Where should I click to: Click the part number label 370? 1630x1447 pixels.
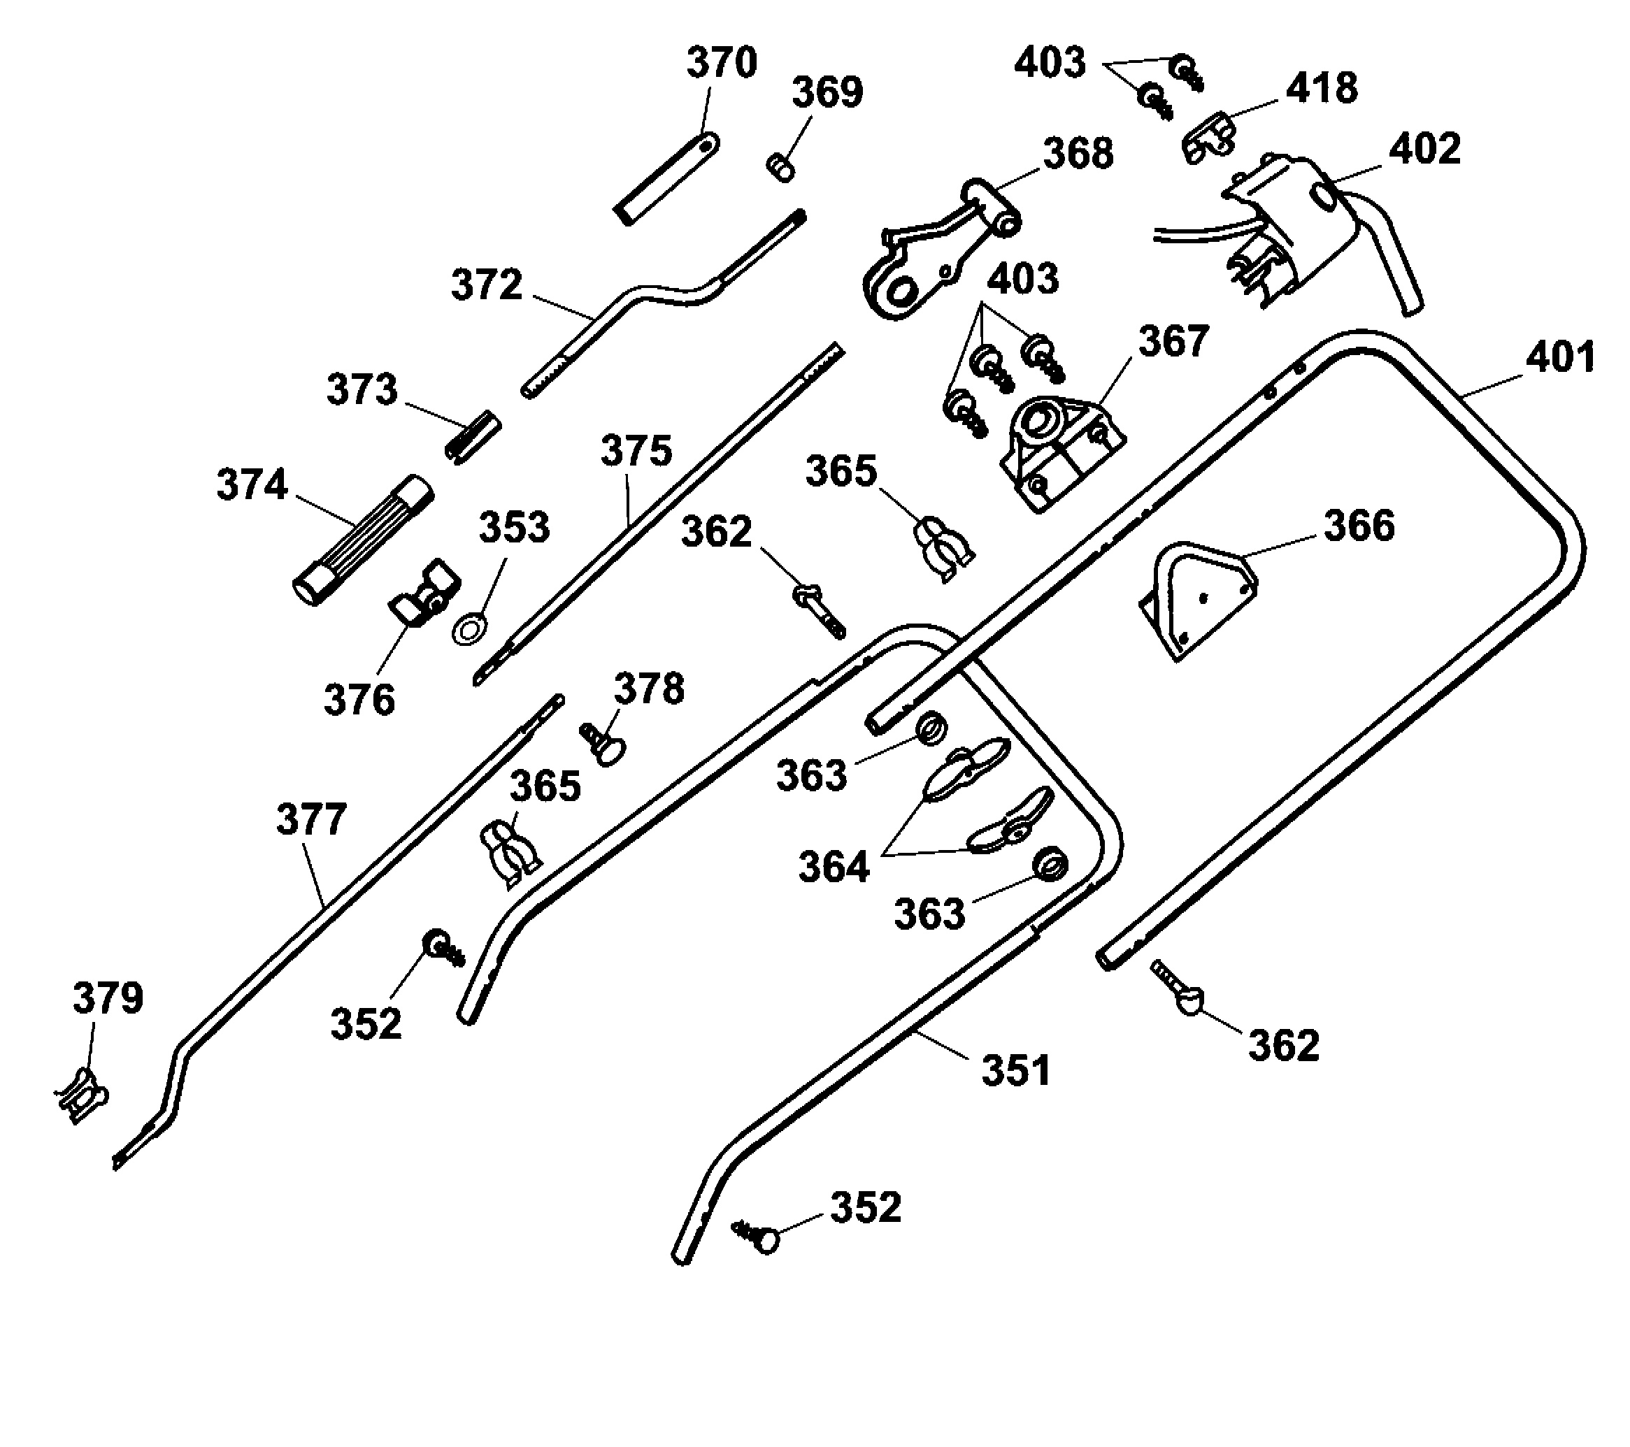(721, 63)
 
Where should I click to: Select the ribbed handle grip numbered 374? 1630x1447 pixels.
(364, 540)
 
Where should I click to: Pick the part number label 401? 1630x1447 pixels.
(1560, 357)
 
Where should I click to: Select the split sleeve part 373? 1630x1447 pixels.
(472, 437)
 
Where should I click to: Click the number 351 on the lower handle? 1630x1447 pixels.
(1015, 1071)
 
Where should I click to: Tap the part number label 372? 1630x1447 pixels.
(487, 285)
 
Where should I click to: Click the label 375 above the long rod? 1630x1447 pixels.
(636, 452)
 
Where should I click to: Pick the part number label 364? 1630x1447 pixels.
(834, 867)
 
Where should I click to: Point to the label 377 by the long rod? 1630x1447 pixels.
(311, 819)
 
